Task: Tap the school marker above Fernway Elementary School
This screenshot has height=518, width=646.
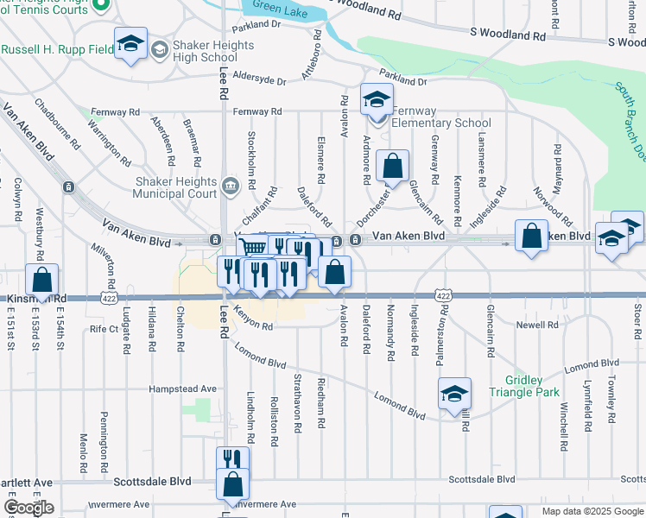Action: (377, 99)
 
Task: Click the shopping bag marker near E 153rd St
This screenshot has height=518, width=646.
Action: (41, 280)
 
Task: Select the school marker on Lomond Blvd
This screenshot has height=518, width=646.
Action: (454, 395)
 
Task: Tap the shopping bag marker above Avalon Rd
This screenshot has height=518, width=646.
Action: (334, 273)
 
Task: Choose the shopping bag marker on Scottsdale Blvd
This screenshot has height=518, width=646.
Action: (232, 484)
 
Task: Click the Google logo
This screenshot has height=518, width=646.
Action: (28, 508)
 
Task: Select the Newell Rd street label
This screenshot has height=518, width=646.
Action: (538, 325)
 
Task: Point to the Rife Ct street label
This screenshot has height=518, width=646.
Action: (104, 329)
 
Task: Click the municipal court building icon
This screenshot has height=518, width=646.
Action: (231, 185)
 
